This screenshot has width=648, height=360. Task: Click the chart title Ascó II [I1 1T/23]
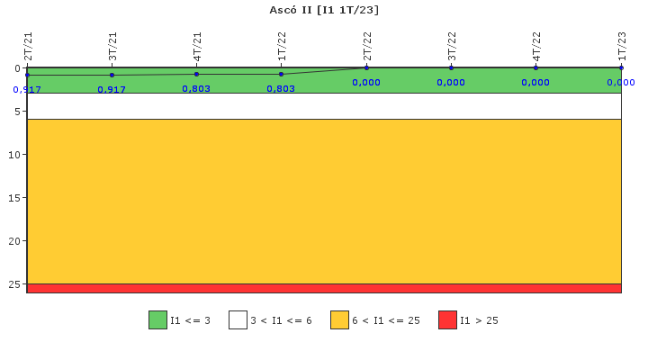point(324,10)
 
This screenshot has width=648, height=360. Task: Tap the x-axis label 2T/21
point(28,46)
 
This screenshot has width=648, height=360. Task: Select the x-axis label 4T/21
point(197,46)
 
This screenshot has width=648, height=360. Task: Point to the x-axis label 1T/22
point(282,46)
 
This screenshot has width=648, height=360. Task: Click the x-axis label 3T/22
point(452,46)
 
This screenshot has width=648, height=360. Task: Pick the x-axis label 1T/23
point(622,46)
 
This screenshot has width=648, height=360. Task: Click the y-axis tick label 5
point(17,112)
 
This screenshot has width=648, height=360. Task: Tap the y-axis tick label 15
point(14,198)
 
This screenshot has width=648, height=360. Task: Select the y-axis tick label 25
point(14,284)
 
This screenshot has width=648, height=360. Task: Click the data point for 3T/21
point(112,75)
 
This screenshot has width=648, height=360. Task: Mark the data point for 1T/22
point(282,74)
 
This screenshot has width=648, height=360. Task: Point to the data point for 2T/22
point(366,67)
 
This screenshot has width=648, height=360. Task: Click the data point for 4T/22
point(535,67)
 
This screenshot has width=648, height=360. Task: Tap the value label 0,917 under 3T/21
point(112,90)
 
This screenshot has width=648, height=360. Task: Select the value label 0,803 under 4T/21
point(196,89)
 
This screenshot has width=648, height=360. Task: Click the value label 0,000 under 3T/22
point(451,83)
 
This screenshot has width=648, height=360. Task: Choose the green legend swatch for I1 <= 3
point(157,319)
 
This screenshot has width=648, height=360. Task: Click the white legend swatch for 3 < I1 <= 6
point(238,319)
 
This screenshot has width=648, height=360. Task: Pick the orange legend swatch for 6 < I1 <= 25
point(339,319)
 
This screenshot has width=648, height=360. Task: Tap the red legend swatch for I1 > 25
point(447,319)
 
